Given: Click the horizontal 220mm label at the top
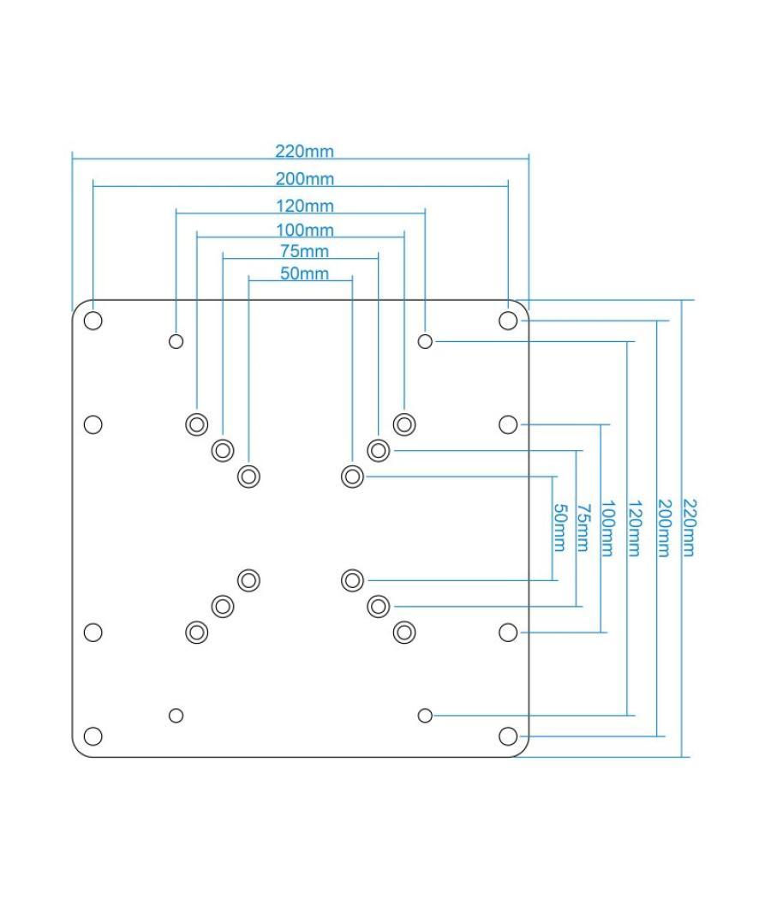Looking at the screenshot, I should coord(304,152).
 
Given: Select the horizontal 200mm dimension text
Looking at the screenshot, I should coord(304,179).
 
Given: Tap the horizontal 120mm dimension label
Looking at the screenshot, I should coord(304,206).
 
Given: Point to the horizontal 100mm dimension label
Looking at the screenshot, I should coord(304,230).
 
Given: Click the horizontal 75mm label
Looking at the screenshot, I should coord(304,251).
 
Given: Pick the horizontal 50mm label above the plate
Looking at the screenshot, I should coord(304,273).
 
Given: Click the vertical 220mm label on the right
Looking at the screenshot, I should coord(688,529).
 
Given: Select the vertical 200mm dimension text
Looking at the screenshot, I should coord(662,529).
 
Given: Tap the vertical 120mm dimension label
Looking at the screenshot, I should coord(633,529).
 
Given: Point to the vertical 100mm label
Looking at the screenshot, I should coord(607,529).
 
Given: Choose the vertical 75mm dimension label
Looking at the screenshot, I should coord(583,529).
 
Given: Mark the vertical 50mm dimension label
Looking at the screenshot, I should coord(559,529).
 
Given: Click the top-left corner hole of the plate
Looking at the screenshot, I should coord(93,321).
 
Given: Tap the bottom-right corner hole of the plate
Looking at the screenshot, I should coord(508,736).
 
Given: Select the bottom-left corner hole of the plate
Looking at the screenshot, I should coord(93,736).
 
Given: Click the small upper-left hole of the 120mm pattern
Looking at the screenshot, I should coord(176,341).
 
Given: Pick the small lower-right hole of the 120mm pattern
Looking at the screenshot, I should coord(425,715).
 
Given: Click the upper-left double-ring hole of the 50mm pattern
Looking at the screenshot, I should coord(248,476).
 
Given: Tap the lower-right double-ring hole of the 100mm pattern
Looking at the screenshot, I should coord(404,633).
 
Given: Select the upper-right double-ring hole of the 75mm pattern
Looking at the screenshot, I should coord(378,450).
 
